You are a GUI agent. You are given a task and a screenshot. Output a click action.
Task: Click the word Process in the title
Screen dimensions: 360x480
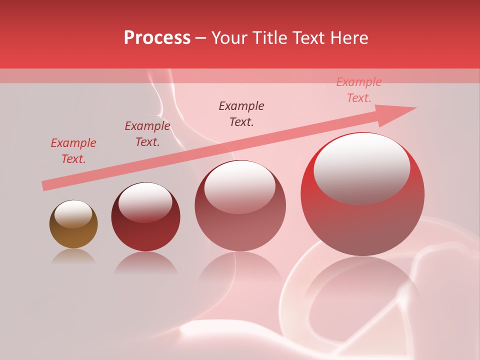pos(157,38)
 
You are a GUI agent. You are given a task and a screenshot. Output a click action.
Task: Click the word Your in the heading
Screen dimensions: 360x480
pos(230,38)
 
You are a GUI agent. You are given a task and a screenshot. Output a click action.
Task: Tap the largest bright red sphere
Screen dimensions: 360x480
pos(362,225)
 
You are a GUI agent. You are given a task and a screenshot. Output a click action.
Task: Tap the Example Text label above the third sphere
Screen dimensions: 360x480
pos(241,113)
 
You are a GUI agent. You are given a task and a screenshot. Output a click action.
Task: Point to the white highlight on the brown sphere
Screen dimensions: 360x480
pos(73,214)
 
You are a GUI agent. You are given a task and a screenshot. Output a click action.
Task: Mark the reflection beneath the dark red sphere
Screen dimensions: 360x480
pos(145,264)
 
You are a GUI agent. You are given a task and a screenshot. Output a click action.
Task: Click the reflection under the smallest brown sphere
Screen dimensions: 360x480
pos(73,257)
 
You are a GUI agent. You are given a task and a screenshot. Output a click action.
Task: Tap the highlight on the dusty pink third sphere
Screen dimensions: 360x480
pos(240,187)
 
